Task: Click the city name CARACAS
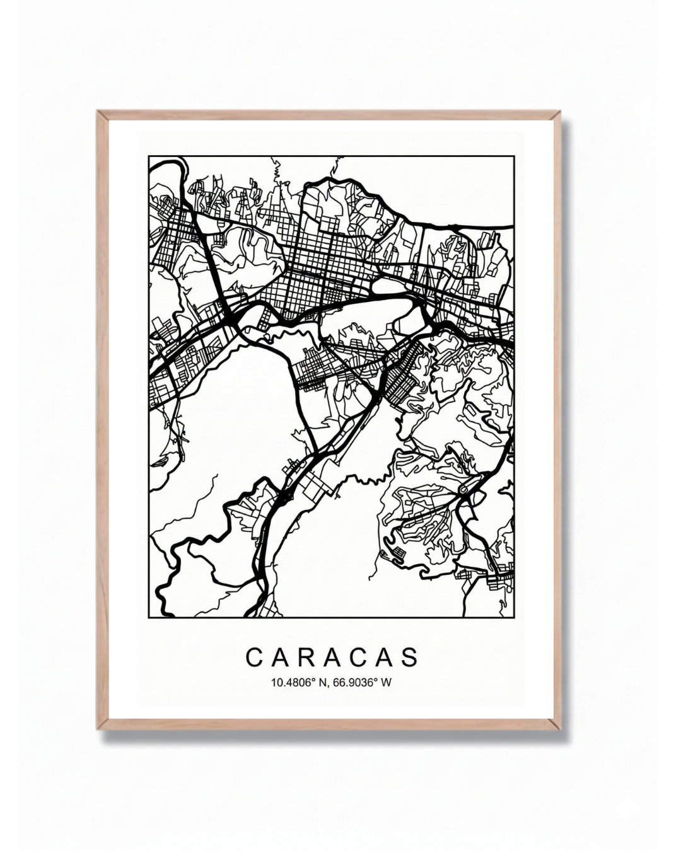point(332,657)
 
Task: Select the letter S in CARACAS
point(410,657)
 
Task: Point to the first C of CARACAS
point(253,657)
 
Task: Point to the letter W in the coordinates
point(386,682)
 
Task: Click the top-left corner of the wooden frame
point(98,112)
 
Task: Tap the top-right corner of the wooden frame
point(559,112)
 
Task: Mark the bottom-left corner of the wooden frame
point(98,729)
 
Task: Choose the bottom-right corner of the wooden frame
point(559,729)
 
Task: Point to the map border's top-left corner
point(149,156)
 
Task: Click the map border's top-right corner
point(514,156)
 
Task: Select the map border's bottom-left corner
point(149,617)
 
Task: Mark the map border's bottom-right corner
point(514,617)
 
